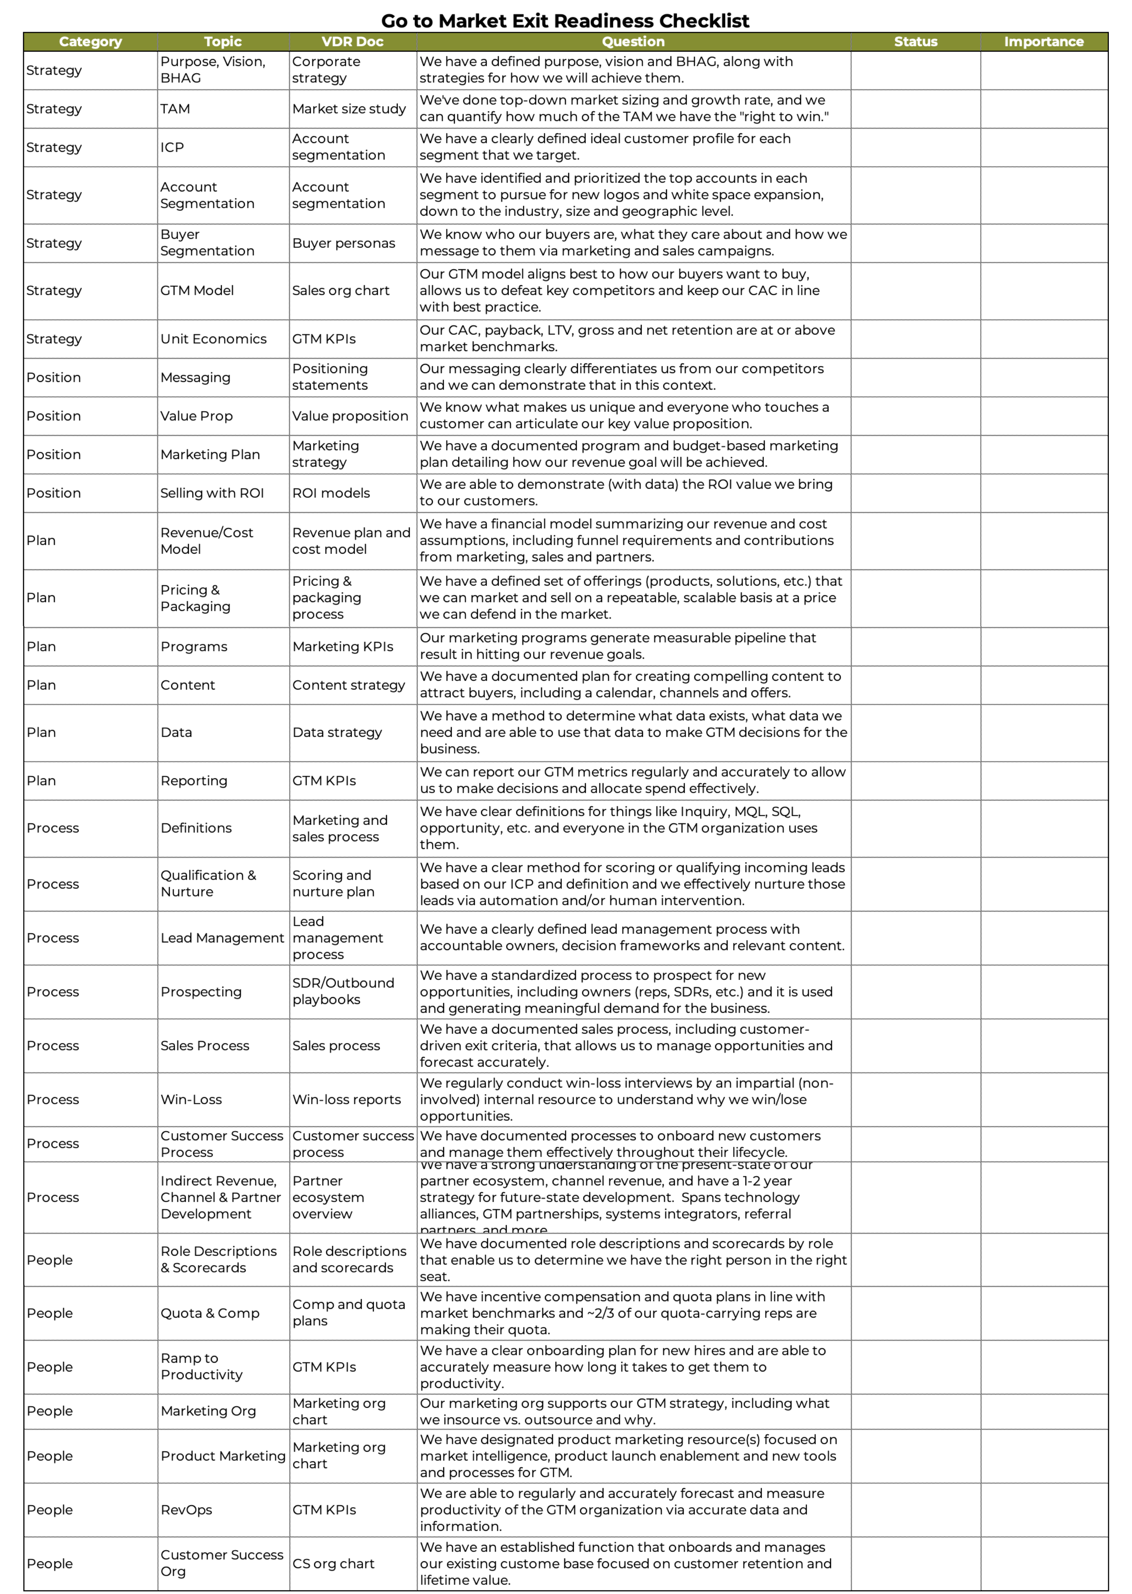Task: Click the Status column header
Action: pos(915,42)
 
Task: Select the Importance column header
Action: pos(1043,42)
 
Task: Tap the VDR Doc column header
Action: pos(352,42)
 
